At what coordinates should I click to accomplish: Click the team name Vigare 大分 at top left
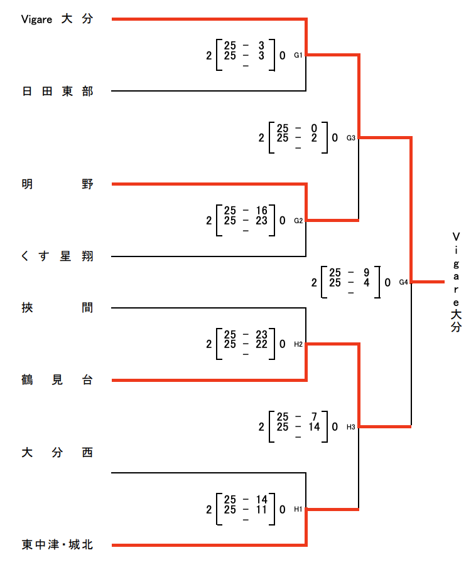[x=57, y=19]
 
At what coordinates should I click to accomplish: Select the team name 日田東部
[x=57, y=92]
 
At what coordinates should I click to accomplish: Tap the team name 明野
[x=57, y=184]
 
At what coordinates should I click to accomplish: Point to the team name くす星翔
[x=57, y=256]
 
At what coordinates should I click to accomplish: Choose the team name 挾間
[x=57, y=308]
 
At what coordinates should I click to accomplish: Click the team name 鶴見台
[x=57, y=380]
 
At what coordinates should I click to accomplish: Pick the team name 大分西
[x=57, y=452]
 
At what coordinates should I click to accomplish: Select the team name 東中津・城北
[x=57, y=545]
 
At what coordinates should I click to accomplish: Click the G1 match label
[x=299, y=55]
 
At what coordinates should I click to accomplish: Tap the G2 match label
[x=299, y=221]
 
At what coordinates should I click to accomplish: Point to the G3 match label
[x=351, y=138]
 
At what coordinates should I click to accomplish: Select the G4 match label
[x=404, y=282]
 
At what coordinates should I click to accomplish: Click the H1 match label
[x=299, y=509]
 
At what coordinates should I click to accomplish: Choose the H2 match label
[x=299, y=344]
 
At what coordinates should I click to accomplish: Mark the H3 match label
[x=351, y=427]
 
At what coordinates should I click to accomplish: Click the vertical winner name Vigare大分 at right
[x=456, y=282]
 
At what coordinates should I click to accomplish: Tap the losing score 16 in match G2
[x=261, y=210]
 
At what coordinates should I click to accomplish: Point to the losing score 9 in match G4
[x=366, y=272]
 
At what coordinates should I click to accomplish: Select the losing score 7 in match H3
[x=314, y=417]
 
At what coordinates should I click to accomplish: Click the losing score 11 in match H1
[x=261, y=509]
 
